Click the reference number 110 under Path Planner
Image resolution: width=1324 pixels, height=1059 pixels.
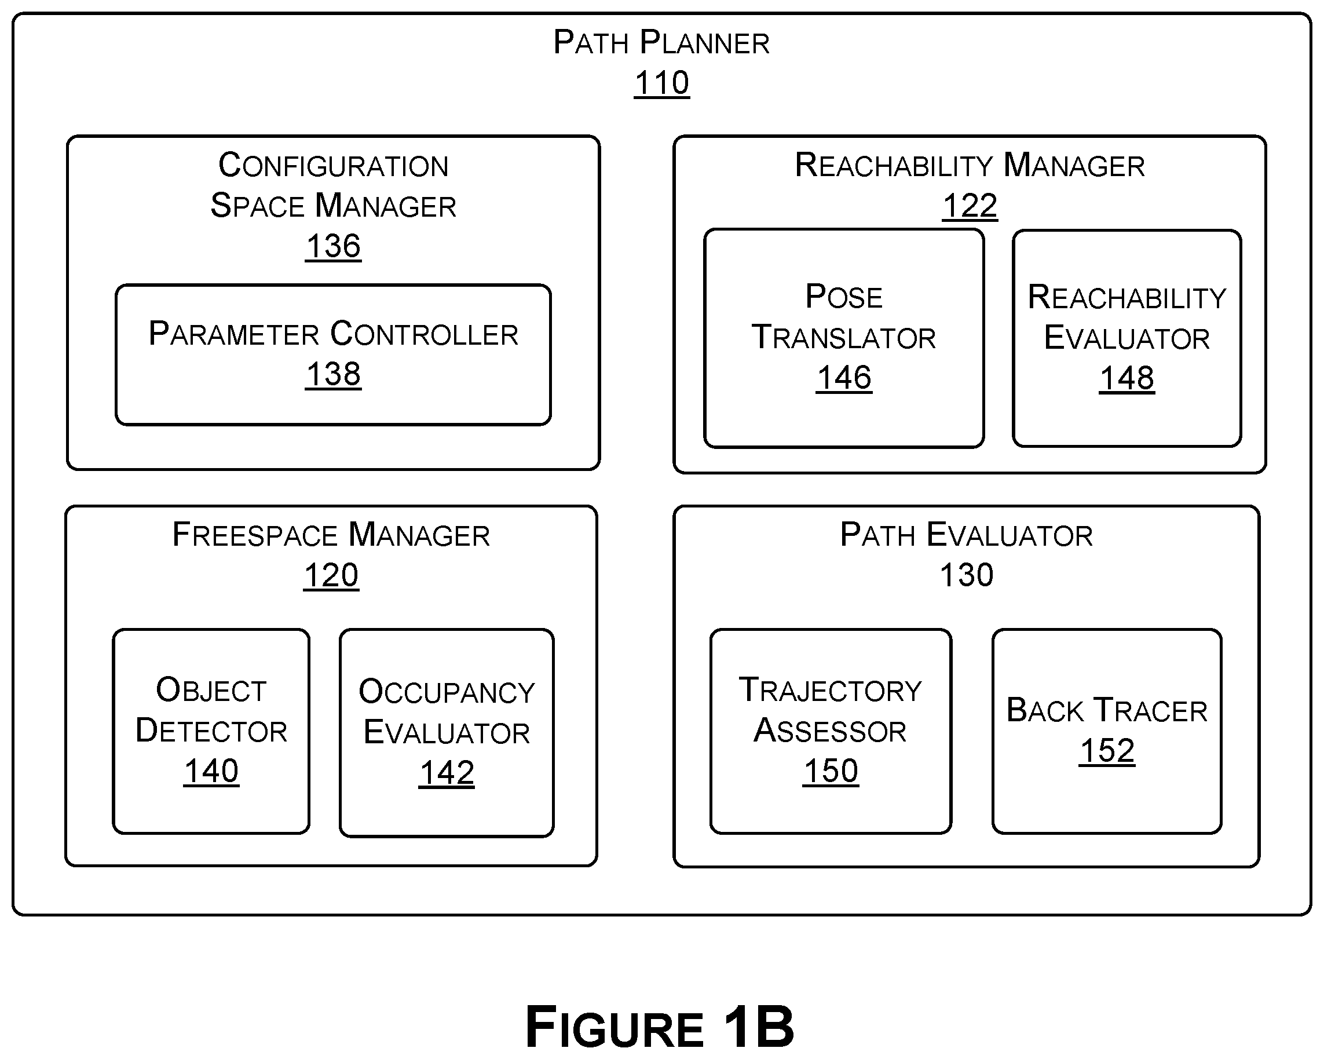pos(661,83)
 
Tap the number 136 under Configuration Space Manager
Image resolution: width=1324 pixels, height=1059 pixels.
pos(333,246)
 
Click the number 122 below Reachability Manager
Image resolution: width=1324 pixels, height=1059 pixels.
pos(970,206)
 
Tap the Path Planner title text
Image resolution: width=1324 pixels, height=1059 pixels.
pos(661,42)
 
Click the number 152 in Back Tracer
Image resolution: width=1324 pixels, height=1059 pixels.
pos(1107,751)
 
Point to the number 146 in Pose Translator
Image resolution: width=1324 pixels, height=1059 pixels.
pos(844,378)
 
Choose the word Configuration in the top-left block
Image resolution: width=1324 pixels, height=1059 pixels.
pos(333,165)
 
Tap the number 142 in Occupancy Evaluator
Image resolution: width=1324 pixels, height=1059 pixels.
pos(447,773)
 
